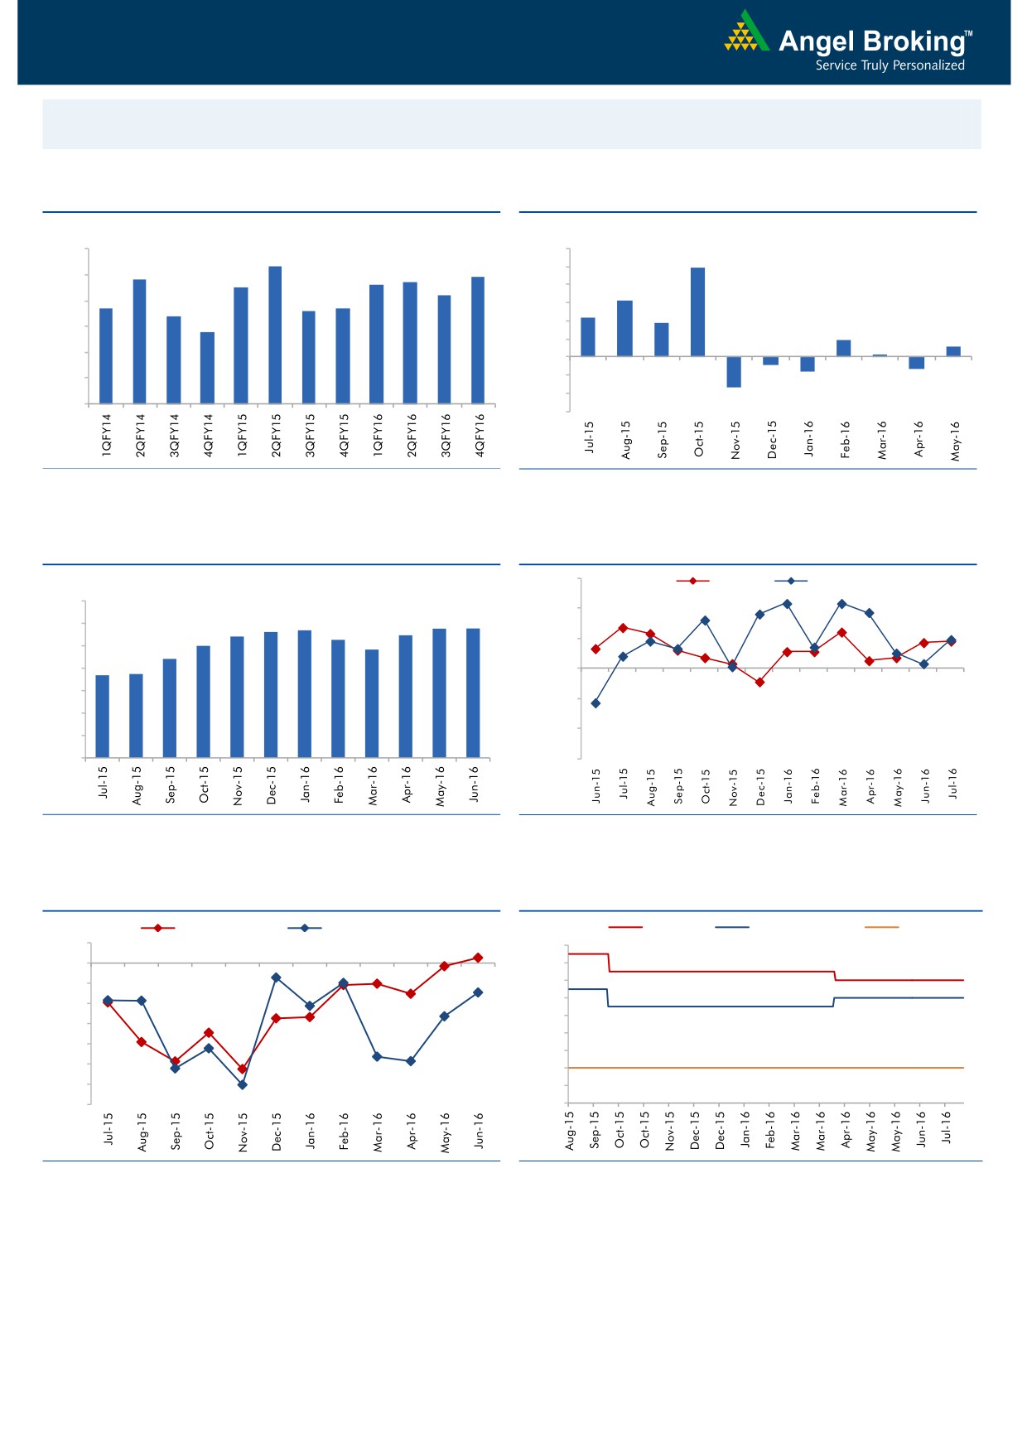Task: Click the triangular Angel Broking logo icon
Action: (x=745, y=33)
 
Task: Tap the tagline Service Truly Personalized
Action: (x=890, y=65)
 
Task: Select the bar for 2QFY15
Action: (x=275, y=335)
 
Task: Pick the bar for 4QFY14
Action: (x=207, y=368)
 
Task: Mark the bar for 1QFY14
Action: (x=106, y=355)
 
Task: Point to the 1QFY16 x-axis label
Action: (x=378, y=435)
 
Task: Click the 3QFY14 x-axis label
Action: (x=174, y=435)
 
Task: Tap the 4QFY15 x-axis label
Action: (x=344, y=435)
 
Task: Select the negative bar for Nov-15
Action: (x=734, y=372)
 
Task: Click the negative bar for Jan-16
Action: (x=808, y=364)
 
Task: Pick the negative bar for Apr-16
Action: (x=917, y=363)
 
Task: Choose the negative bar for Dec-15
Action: (x=771, y=360)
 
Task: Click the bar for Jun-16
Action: (x=473, y=693)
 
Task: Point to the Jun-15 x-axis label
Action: (x=596, y=786)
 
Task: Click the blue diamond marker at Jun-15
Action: (x=595, y=703)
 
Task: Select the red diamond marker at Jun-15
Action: (x=595, y=649)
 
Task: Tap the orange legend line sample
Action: (x=881, y=927)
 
